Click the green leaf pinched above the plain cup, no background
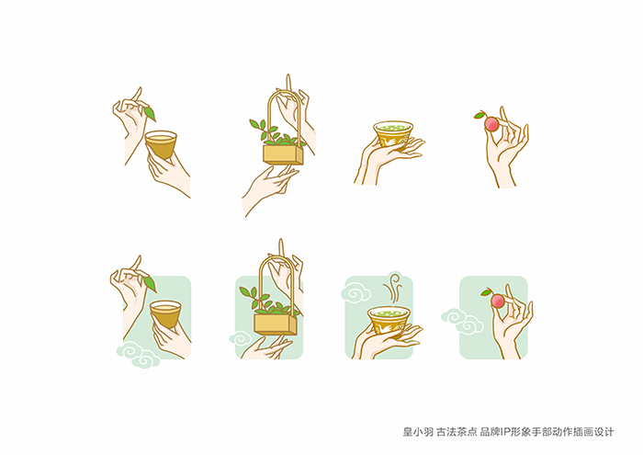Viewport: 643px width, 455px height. coord(150,114)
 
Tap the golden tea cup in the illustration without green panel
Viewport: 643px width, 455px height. coord(161,144)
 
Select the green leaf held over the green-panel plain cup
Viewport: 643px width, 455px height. coord(150,283)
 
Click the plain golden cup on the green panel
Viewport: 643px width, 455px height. coord(165,313)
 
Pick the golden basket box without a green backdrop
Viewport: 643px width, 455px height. coord(283,154)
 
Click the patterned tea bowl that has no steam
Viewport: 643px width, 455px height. coord(393,134)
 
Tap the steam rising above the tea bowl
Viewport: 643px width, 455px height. coord(393,288)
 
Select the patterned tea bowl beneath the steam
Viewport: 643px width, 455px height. coord(389,319)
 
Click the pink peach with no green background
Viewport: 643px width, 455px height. coord(491,123)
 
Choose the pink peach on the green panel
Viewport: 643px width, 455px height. coord(498,301)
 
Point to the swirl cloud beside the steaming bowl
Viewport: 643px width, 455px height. coord(356,293)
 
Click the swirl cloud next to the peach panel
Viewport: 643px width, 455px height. coord(462,321)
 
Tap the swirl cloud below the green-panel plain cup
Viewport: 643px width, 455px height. coord(138,356)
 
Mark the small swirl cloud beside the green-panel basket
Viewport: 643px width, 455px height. coord(241,338)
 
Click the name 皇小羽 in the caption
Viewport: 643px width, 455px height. coord(418,432)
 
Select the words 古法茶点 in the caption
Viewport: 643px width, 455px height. coord(457,432)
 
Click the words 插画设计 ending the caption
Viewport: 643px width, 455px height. coord(593,432)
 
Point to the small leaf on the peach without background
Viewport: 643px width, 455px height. coord(479,116)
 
